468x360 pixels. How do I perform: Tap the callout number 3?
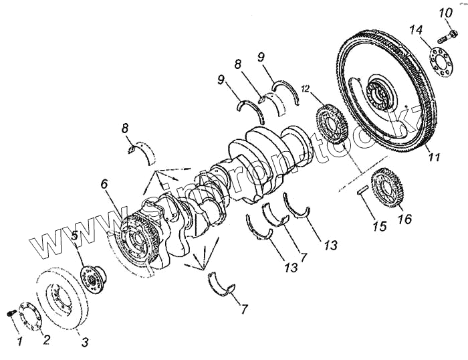(85, 343)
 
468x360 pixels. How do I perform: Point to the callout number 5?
(75, 235)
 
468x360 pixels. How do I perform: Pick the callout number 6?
(104, 183)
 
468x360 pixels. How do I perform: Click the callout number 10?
(445, 13)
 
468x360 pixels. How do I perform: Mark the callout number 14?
(416, 30)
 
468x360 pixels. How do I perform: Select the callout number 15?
(379, 226)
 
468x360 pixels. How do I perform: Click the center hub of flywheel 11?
(378, 94)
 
